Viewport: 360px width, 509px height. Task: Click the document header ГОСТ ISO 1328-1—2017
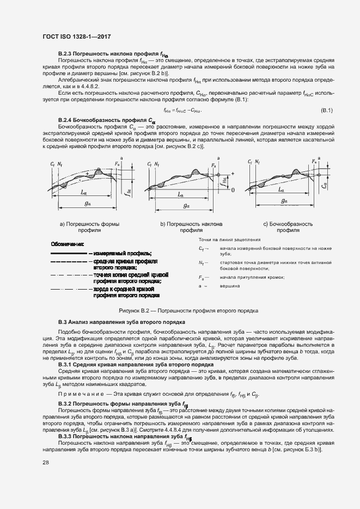pyautogui.click(x=80, y=36)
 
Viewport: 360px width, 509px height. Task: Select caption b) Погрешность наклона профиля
pyautogui.click(x=184, y=227)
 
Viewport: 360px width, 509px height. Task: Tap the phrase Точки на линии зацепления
pyautogui.click(x=229, y=240)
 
